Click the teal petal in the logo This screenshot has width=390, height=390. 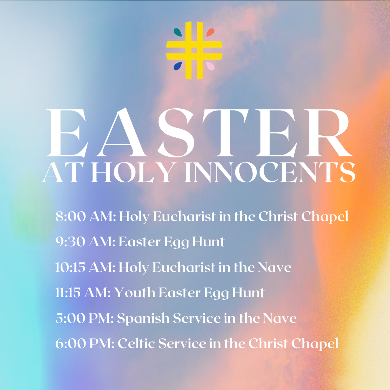coord(178,32)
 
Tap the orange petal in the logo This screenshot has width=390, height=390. coord(210,32)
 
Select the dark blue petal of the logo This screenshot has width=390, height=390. coord(178,66)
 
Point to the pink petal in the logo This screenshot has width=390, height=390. coord(210,66)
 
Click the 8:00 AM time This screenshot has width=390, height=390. coord(85,216)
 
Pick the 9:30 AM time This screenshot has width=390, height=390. coord(85,242)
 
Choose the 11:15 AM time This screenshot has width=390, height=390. coord(83,292)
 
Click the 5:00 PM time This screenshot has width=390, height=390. coord(84,318)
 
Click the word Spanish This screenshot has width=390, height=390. coord(143,318)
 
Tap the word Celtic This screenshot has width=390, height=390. coord(136,343)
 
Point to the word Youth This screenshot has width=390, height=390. coord(134,292)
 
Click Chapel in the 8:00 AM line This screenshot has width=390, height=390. coord(325,217)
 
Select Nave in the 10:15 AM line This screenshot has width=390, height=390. coord(274,268)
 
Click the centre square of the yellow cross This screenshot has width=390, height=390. coord(194,51)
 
